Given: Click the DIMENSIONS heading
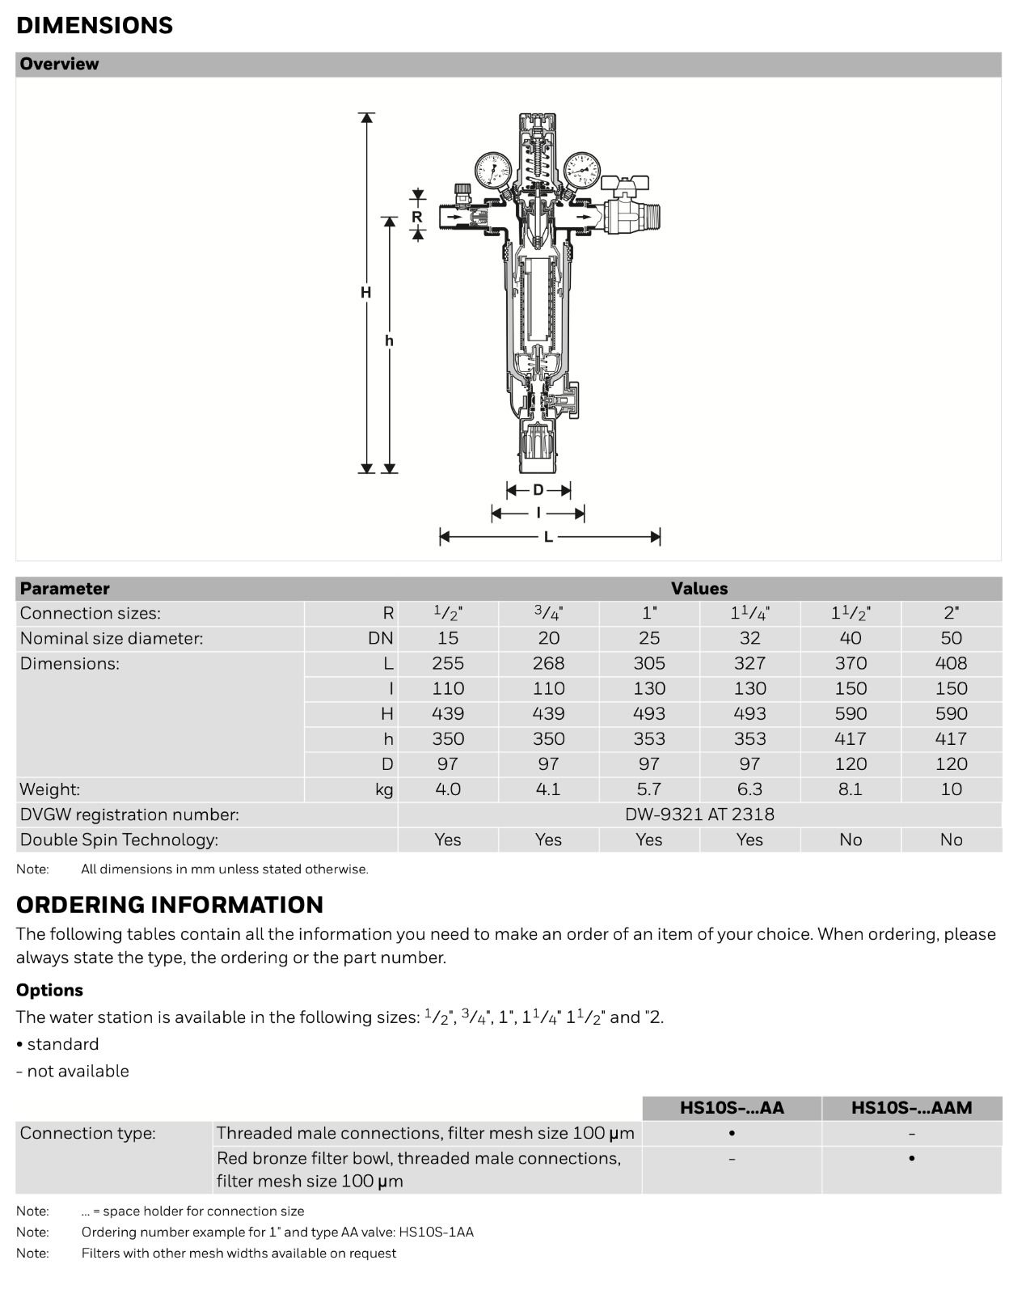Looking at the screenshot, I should (x=95, y=25).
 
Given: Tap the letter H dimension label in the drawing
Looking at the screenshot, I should (x=366, y=293).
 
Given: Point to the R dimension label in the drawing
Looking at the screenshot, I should (x=417, y=217).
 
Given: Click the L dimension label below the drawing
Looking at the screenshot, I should (x=548, y=537).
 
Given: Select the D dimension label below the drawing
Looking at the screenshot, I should (x=538, y=490).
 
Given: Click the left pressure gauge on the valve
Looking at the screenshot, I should (x=492, y=170).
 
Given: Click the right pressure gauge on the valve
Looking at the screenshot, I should (x=581, y=169).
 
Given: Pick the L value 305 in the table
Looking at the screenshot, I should (x=649, y=663).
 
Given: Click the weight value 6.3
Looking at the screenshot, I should (x=749, y=789).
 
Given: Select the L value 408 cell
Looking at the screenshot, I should (x=951, y=663).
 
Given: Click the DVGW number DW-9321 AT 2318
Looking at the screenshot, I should (x=699, y=814).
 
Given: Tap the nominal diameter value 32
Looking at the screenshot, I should (x=749, y=638).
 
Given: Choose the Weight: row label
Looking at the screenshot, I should (x=50, y=789).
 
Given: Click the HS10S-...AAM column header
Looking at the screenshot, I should (x=911, y=1108).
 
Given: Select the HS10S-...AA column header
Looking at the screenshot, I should (x=732, y=1108).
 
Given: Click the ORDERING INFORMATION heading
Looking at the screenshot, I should (x=170, y=904).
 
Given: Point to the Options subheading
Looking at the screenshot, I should (x=49, y=990).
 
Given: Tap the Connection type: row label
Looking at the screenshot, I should (x=87, y=1133).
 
